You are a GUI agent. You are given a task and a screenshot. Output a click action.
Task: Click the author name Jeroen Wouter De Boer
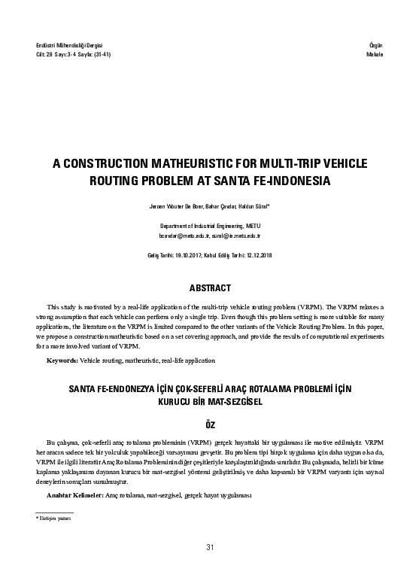click(x=165, y=205)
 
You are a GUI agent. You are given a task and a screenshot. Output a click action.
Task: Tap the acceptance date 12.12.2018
click(x=255, y=256)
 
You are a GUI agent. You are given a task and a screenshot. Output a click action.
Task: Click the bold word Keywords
click(x=62, y=361)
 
